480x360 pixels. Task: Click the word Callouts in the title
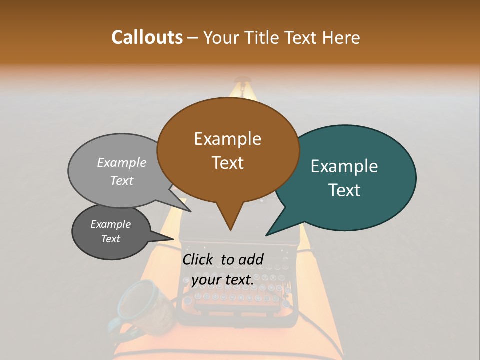click(147, 37)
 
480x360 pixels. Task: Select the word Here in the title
click(342, 37)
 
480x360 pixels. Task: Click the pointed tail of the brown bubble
click(230, 227)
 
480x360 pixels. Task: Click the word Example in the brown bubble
click(227, 139)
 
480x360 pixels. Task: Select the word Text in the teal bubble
click(345, 190)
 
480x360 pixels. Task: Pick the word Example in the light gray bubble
click(122, 162)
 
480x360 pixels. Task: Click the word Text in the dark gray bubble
click(111, 239)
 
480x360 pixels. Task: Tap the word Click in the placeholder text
click(198, 259)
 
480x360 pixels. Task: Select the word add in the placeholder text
click(251, 259)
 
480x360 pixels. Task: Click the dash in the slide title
click(193, 38)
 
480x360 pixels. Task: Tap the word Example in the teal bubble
click(344, 166)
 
